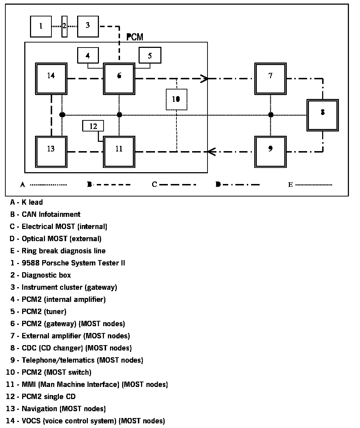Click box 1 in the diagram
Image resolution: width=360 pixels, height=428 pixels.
pos(41,26)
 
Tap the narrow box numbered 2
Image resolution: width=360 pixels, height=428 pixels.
pos(64,26)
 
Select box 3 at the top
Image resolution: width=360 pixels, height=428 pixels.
pos(88,26)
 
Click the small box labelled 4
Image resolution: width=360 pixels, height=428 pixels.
pos(88,56)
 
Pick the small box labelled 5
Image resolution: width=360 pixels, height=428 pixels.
pos(150,56)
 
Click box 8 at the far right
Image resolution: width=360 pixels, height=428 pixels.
pos(322,115)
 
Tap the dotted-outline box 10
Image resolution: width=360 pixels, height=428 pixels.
pos(176,99)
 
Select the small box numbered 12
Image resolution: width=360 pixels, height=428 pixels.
pos(93,126)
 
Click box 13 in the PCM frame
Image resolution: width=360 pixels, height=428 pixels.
pos(51,151)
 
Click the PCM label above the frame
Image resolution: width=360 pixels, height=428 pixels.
pos(135,37)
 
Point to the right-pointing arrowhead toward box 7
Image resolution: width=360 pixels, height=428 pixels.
pos(205,78)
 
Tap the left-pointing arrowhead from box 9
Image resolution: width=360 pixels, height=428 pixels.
pos(211,152)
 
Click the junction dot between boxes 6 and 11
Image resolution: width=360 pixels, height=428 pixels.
pos(120,115)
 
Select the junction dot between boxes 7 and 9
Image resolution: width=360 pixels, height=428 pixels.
pos(271,115)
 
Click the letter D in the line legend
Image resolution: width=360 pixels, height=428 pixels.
pos(218,184)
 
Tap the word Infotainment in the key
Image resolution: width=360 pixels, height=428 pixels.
pos(60,214)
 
